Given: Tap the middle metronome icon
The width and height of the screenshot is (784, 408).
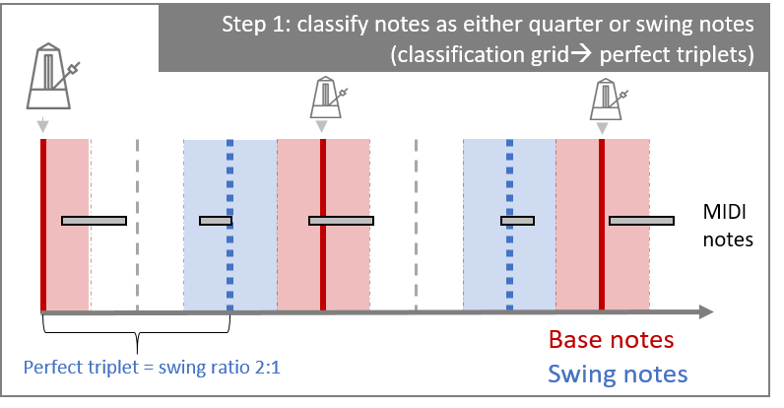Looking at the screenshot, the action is point(327,98).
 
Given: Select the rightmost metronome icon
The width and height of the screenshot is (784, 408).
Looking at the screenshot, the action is point(607,99).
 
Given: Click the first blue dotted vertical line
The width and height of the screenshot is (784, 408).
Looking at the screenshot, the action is point(229,225).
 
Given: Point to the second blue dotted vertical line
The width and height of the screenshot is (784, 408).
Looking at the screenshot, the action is point(509,225).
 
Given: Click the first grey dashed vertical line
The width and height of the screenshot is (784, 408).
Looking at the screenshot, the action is point(138,225).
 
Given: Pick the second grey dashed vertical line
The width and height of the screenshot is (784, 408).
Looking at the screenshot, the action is point(416,225).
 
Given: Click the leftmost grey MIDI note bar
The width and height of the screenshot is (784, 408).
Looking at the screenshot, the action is point(94,221).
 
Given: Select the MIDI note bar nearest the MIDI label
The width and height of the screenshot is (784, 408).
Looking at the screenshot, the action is point(641,221).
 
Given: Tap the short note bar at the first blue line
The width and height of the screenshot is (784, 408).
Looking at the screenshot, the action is point(216,221).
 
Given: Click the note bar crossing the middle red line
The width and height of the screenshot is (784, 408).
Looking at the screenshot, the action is point(341,221).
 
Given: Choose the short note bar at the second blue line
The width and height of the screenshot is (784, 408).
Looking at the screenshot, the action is point(517,221).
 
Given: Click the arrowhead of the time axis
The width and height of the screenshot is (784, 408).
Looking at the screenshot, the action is point(706,312).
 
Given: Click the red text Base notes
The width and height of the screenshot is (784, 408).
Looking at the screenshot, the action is point(611,340).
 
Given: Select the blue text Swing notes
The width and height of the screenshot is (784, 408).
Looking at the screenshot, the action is point(618,374).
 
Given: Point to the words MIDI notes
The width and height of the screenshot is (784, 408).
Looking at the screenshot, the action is point(728,226).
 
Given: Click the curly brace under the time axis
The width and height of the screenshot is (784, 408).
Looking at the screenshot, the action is point(137,331).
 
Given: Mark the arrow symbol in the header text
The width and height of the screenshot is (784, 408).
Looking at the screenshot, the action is point(581,54).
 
